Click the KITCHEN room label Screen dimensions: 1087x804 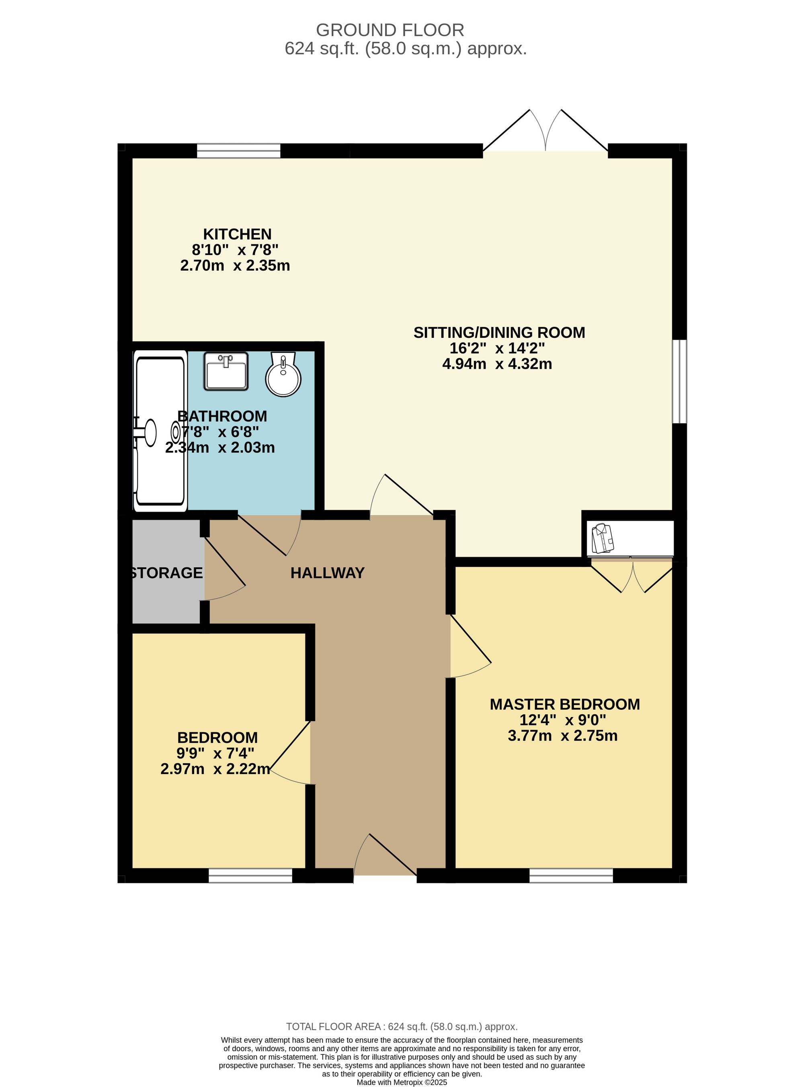(x=237, y=234)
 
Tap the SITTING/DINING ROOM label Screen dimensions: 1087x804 (x=499, y=333)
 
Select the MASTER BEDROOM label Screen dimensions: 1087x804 (x=564, y=705)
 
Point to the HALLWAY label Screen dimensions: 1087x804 (x=328, y=573)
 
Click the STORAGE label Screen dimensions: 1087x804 (x=167, y=573)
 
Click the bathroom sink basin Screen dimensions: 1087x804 (x=226, y=372)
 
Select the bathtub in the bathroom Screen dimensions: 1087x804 (x=160, y=431)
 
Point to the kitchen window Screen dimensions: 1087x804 (x=238, y=151)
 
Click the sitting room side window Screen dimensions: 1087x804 (x=679, y=381)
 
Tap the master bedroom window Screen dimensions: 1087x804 (x=571, y=876)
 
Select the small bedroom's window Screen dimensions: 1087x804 (x=250, y=876)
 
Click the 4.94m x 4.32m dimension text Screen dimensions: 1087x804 (x=497, y=364)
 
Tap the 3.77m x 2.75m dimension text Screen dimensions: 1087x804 (x=563, y=736)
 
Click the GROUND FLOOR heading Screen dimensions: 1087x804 (x=390, y=30)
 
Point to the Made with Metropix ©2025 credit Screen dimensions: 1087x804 (x=402, y=1082)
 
